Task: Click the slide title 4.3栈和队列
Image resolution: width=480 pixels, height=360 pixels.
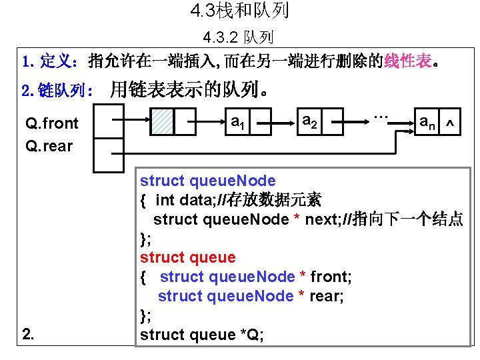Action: pos(239,11)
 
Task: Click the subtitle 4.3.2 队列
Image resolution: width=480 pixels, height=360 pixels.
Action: pos(239,37)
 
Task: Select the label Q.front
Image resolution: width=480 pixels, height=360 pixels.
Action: pos(51,123)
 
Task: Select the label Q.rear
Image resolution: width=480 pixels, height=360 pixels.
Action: pos(49,145)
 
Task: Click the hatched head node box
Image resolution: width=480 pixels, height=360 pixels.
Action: pos(162,122)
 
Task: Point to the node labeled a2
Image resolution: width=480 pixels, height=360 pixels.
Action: pos(310,122)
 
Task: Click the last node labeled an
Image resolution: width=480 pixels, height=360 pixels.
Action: pos(427,122)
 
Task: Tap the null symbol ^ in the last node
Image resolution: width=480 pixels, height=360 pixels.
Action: pos(451,122)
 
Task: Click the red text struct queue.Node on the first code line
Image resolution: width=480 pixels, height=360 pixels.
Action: pos(207,181)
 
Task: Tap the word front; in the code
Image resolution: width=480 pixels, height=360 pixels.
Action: pos(331,277)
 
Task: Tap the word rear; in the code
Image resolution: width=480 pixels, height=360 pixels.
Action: pos(327,296)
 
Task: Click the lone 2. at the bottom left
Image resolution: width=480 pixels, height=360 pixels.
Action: pos(28,334)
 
